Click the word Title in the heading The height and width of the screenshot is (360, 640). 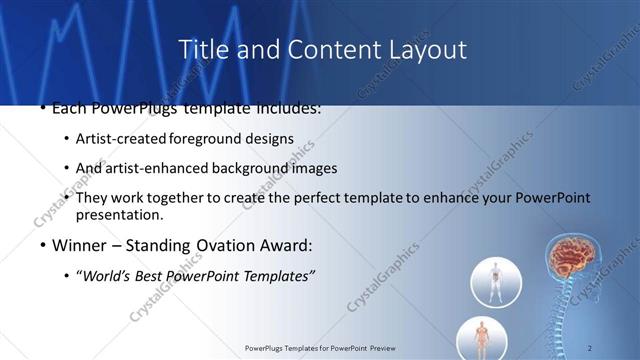201,49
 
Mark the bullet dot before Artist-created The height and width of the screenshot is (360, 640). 66,138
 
